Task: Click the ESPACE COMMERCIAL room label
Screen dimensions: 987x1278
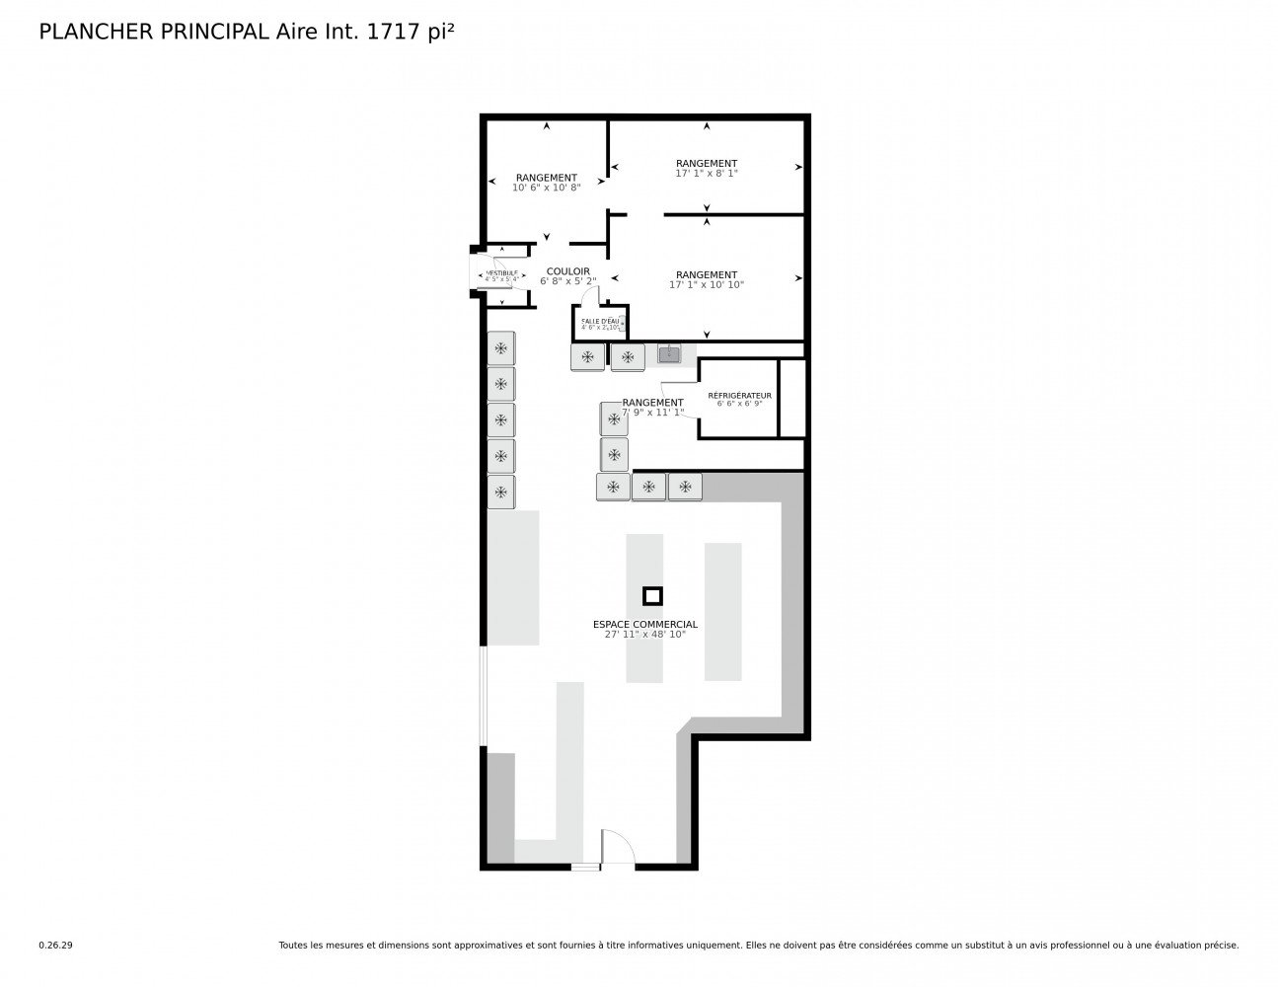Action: (x=644, y=624)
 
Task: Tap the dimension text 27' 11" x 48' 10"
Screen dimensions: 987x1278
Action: (x=644, y=635)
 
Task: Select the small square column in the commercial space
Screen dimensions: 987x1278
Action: (x=652, y=595)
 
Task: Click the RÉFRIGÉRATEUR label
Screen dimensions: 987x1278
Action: (x=739, y=395)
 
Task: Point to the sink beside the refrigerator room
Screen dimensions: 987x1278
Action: (x=669, y=352)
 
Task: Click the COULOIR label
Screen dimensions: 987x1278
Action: (x=567, y=271)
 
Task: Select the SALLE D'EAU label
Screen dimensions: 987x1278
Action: (x=600, y=321)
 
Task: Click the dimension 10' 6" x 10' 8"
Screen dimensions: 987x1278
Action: (x=546, y=188)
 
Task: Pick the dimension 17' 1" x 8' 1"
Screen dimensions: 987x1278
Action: (x=706, y=174)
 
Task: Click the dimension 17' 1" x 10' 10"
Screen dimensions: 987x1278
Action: (x=706, y=285)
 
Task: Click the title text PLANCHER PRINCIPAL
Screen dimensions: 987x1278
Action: (x=152, y=32)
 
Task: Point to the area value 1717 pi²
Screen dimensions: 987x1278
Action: (x=411, y=32)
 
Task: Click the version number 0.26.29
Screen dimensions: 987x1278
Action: (x=55, y=945)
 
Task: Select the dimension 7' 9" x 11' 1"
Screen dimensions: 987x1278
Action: (x=652, y=413)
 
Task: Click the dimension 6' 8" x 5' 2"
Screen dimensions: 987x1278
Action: (x=567, y=281)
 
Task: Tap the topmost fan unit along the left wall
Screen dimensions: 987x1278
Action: (x=501, y=347)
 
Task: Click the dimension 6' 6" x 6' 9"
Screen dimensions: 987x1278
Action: (x=739, y=404)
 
